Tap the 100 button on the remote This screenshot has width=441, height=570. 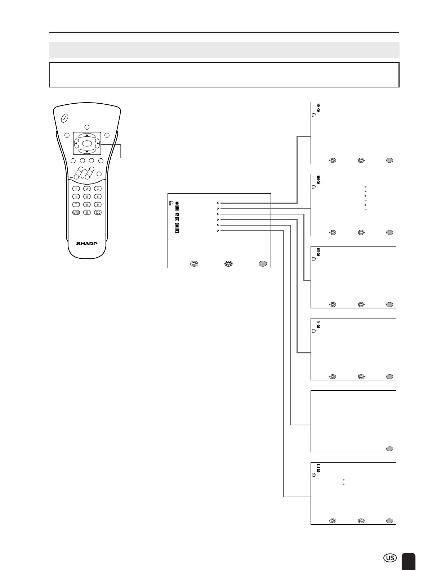(x=98, y=213)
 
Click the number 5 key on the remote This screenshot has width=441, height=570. (x=87, y=196)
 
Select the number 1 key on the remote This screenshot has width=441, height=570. (x=76, y=189)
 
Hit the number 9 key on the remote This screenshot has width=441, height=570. (x=98, y=205)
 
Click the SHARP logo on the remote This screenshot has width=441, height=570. (x=87, y=244)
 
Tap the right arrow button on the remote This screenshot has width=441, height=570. (x=97, y=143)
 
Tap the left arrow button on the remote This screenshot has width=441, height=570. (x=76, y=143)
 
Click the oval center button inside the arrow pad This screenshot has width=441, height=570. (x=87, y=143)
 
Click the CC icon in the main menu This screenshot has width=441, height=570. (x=177, y=220)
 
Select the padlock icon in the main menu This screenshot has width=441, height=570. (x=177, y=225)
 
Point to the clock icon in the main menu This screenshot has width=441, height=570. (x=177, y=203)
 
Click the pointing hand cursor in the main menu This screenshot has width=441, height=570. (x=171, y=203)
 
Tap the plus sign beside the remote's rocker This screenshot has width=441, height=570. (x=75, y=170)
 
